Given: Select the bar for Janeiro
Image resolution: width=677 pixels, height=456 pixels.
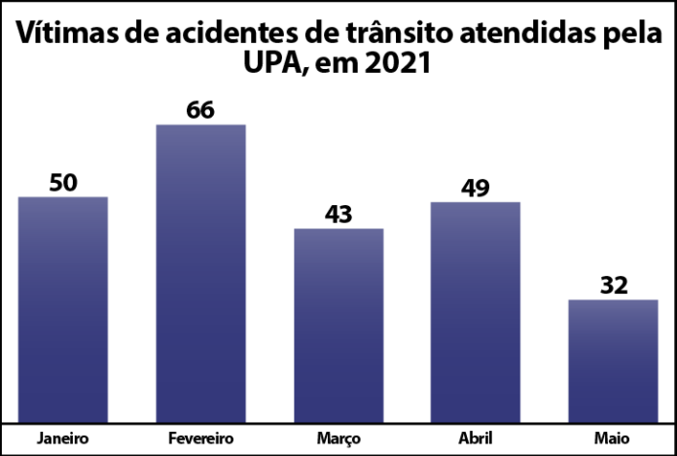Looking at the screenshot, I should click(x=62, y=309).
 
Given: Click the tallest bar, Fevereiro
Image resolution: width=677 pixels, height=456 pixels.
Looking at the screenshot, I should click(x=200, y=273).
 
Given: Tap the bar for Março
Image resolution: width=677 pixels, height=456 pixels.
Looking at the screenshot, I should click(x=338, y=325).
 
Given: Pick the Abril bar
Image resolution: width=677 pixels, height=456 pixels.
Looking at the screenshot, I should click(x=476, y=312).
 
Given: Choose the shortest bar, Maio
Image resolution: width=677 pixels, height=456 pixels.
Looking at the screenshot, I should click(x=613, y=361).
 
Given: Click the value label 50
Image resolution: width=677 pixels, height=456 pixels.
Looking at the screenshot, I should click(x=63, y=182).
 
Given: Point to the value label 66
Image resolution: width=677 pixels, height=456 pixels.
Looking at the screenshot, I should click(x=200, y=109).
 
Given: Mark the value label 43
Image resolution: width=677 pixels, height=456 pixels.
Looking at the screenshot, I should click(x=338, y=213).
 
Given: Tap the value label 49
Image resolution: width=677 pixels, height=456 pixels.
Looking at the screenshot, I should click(x=476, y=186).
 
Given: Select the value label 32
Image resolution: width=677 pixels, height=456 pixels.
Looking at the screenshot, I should click(x=614, y=285).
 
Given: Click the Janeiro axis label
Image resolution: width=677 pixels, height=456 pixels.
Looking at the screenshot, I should click(x=63, y=438).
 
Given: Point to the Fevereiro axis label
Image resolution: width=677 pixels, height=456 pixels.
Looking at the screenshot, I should click(x=200, y=438).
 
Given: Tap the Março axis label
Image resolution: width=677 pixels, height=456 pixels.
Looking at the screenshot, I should click(x=338, y=438).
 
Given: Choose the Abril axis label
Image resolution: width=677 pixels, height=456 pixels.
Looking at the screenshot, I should click(x=476, y=438).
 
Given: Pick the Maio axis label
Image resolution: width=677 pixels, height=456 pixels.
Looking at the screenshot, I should click(x=614, y=438).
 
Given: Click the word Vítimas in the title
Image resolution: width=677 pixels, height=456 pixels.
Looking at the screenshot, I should click(x=71, y=36).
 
